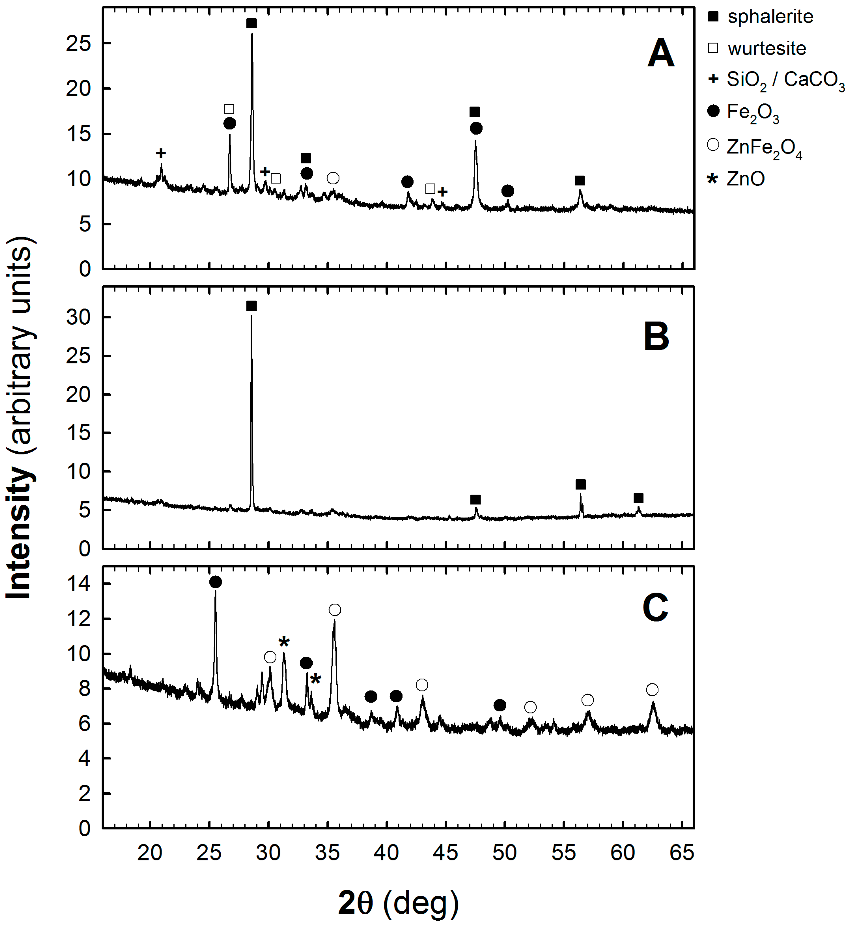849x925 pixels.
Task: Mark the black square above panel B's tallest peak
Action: pos(251,306)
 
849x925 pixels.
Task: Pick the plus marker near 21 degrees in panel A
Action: pos(161,153)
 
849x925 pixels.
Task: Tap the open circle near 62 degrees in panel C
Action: pos(652,690)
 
